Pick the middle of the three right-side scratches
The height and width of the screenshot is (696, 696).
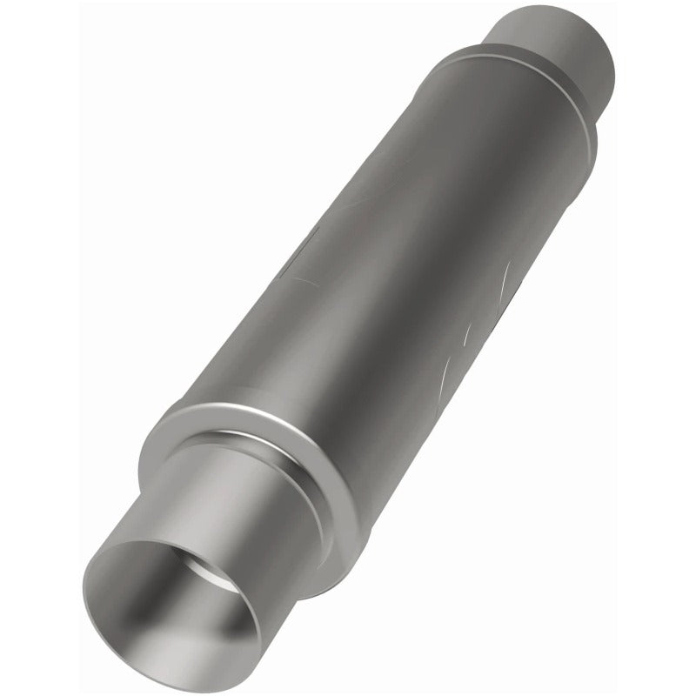(470, 335)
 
